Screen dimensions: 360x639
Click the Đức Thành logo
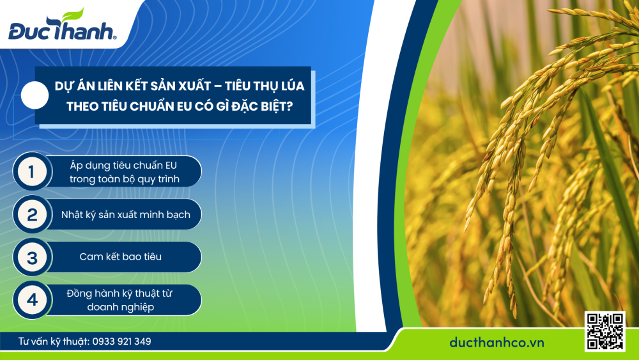point(62,30)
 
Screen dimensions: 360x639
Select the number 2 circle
point(31,215)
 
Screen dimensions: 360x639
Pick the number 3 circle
point(31,258)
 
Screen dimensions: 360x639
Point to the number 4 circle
point(31,300)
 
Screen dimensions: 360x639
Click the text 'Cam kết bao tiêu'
point(121,257)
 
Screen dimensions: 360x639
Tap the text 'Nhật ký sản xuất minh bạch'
point(125,215)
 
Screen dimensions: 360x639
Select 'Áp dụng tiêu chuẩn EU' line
point(123,164)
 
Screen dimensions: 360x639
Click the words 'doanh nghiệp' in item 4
point(121,307)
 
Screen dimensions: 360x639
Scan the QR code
point(604,332)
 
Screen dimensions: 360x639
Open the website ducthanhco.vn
point(497,343)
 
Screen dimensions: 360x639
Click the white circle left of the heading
point(35,96)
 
